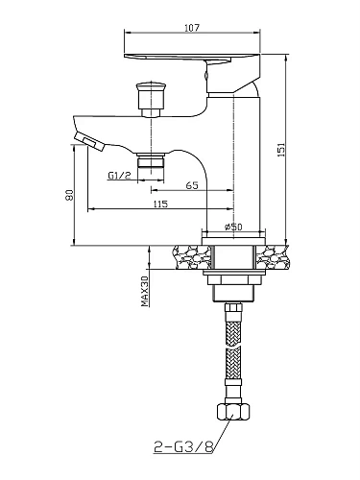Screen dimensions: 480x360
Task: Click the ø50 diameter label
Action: click(x=231, y=227)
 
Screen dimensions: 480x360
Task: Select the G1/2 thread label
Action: click(x=117, y=175)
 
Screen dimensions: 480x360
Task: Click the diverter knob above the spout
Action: click(x=151, y=97)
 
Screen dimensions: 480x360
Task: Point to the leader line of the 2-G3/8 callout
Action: click(x=217, y=437)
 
